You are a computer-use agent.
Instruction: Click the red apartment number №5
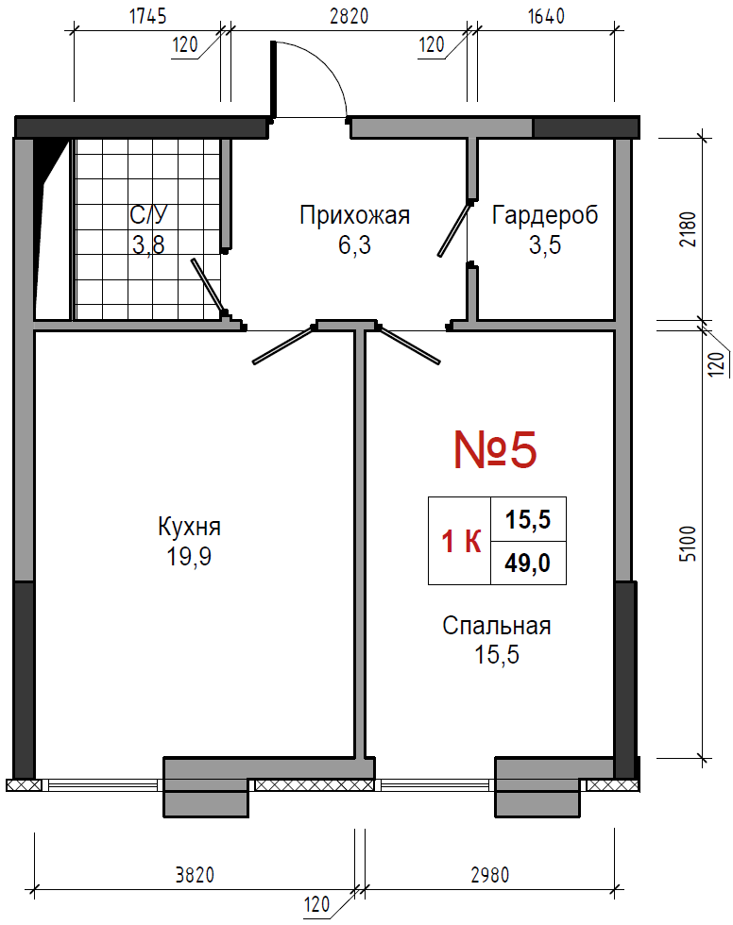[x=495, y=449]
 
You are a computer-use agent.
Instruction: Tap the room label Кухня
[x=189, y=527]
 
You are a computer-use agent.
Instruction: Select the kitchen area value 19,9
[x=189, y=556]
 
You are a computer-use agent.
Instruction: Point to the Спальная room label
[x=496, y=625]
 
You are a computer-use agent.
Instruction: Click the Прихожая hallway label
[x=355, y=215]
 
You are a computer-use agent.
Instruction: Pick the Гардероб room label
[x=545, y=215]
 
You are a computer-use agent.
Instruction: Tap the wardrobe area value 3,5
[x=545, y=244]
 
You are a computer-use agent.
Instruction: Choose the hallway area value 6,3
[x=355, y=244]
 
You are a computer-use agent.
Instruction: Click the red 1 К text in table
[x=462, y=541]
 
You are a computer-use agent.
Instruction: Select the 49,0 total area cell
[x=528, y=563]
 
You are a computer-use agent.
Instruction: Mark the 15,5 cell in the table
[x=528, y=520]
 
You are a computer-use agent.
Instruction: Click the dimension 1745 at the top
[x=147, y=17]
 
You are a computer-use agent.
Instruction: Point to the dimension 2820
[x=349, y=16]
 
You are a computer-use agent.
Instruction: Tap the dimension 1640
[x=547, y=16]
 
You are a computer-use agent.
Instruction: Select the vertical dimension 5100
[x=689, y=544]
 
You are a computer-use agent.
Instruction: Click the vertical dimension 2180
[x=689, y=230]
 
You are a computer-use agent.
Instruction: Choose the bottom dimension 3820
[x=195, y=874]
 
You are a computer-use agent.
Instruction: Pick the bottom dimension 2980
[x=490, y=874]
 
